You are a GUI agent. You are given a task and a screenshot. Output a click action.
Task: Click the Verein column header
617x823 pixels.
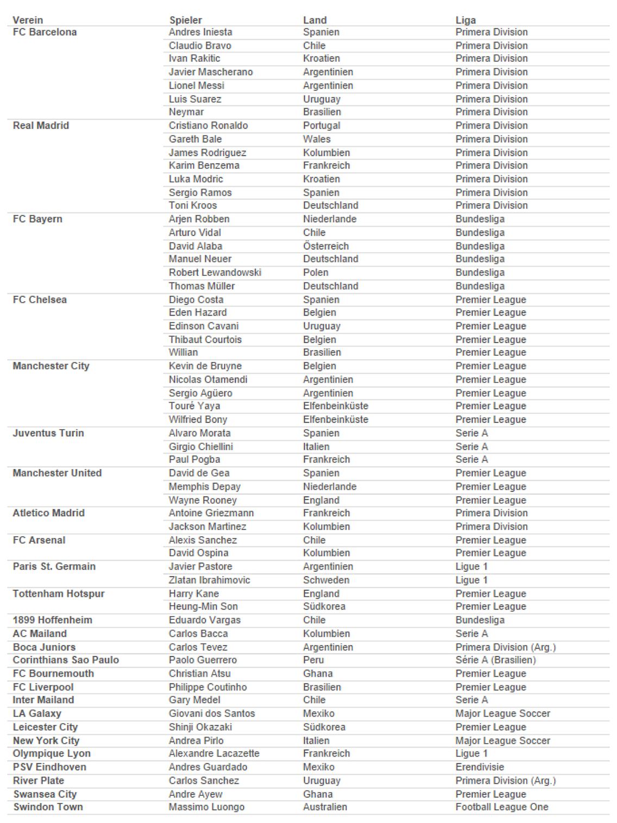coord(28,20)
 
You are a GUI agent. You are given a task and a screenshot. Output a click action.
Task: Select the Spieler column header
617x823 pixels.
coord(185,20)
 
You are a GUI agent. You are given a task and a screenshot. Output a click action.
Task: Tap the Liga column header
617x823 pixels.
coord(465,20)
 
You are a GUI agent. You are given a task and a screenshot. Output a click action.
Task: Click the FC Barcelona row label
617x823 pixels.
coord(45,32)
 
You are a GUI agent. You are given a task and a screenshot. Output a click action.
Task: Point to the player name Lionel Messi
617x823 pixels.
coord(196,85)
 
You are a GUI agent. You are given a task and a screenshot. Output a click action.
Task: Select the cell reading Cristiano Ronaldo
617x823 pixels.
coord(208,125)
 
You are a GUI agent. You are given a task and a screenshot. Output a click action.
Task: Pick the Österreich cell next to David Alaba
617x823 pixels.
coord(326,246)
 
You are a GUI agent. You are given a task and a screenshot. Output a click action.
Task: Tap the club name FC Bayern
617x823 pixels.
coord(37,219)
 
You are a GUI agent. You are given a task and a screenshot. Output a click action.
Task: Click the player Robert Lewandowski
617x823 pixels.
coord(215,273)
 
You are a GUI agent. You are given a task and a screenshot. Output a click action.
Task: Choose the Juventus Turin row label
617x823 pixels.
coord(48,433)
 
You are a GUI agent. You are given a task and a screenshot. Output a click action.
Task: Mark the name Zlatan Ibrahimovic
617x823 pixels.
coord(209,580)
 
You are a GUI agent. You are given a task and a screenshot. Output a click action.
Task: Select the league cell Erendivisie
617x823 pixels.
coord(480,767)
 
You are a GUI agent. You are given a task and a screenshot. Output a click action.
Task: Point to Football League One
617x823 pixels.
coord(502,807)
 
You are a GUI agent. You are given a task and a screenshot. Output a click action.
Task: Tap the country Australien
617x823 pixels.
coord(325,807)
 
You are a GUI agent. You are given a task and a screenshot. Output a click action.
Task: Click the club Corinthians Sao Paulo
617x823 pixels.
coord(66,660)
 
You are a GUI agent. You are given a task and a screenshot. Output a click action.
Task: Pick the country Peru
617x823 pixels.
coord(313,660)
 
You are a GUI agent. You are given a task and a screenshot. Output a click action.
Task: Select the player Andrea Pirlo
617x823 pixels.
coord(196,740)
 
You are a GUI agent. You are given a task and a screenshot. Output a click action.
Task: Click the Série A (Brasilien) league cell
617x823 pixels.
coord(495,660)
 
